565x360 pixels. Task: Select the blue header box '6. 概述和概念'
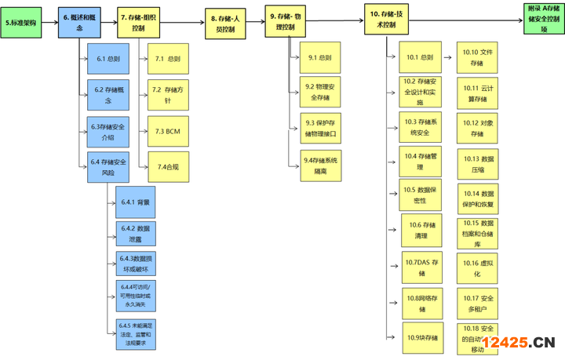[x=78, y=22]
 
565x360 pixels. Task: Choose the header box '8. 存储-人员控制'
[x=228, y=23]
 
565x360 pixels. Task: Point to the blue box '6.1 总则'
[x=108, y=59]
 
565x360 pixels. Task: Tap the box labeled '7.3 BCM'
[x=168, y=131]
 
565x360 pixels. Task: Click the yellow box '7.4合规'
[x=168, y=166]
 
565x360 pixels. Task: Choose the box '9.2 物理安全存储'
[x=320, y=92]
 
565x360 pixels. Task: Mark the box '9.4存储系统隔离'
[x=320, y=165]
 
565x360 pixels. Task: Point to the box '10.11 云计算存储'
[x=477, y=93]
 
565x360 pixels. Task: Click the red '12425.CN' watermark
[x=519, y=342]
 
